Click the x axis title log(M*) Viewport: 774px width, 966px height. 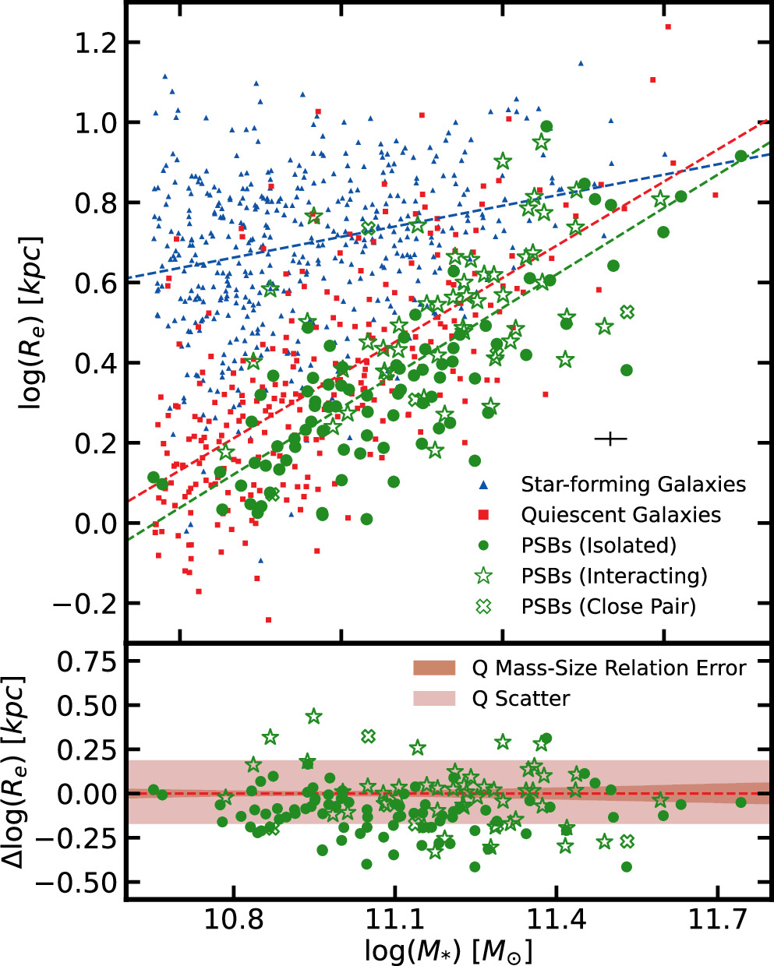[x=448, y=951]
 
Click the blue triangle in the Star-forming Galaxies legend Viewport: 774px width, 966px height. [x=483, y=485]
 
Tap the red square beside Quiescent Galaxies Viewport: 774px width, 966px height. [x=483, y=515]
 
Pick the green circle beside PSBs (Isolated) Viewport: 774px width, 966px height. [x=483, y=545]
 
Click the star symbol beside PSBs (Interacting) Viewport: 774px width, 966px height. [x=483, y=576]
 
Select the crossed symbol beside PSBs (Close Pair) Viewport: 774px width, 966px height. [x=483, y=607]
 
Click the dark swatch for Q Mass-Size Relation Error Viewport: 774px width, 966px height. [x=433, y=668]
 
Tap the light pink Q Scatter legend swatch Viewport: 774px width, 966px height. [x=433, y=698]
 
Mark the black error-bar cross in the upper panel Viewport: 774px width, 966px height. [x=610, y=439]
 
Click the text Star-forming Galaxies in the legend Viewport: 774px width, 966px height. [x=633, y=485]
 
